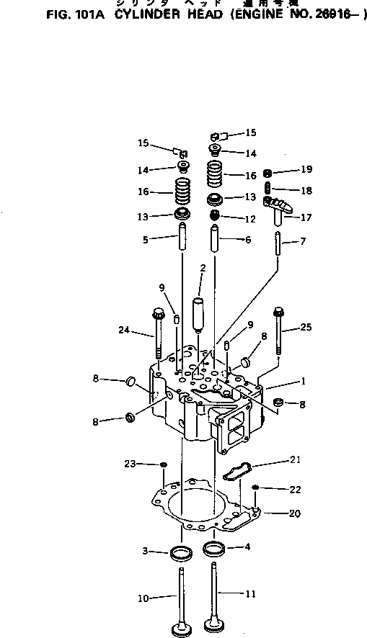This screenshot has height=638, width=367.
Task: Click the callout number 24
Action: coord(124,331)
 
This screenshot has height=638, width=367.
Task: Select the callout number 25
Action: coord(305,328)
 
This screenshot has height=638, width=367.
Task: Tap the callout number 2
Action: coord(203,268)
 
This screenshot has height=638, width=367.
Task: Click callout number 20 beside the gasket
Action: coord(295,513)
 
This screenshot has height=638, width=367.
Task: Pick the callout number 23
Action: coord(130,464)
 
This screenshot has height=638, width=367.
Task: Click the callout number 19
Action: coord(306,170)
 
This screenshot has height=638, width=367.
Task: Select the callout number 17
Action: coord(306,216)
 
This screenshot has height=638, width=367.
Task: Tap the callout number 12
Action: coord(249,218)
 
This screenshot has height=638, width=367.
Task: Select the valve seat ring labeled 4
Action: coord(214,549)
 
